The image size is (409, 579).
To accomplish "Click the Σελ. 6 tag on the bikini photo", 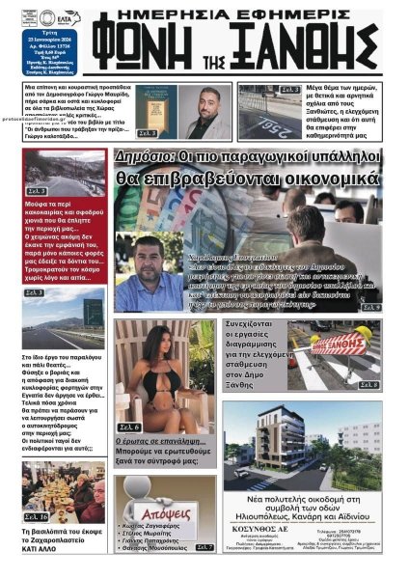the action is (x=129, y=427).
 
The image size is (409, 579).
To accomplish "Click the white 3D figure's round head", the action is (x=151, y=486).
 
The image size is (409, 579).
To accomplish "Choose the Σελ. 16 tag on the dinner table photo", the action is (x=35, y=517).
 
